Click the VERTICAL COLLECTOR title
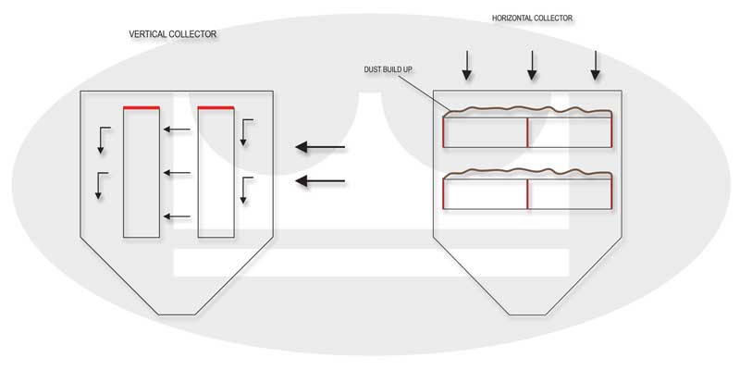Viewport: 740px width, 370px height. point(173,34)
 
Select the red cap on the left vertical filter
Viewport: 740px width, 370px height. point(142,107)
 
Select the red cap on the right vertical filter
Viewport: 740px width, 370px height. point(215,107)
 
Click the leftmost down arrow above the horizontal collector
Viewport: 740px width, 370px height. point(467,63)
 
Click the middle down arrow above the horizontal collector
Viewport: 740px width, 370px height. point(531,63)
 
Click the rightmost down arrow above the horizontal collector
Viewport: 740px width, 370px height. point(595,63)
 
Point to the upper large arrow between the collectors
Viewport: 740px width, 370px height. point(320,147)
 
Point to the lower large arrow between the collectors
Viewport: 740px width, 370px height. point(320,182)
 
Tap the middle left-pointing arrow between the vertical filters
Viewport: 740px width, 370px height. point(177,172)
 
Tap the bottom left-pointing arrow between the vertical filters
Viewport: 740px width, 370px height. point(177,216)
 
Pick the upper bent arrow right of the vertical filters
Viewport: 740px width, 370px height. point(243,131)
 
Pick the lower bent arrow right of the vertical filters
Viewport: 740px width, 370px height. point(243,189)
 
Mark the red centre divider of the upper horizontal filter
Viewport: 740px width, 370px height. point(527,131)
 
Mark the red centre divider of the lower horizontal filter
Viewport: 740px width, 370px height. point(527,193)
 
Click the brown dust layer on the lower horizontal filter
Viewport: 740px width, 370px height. point(527,173)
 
